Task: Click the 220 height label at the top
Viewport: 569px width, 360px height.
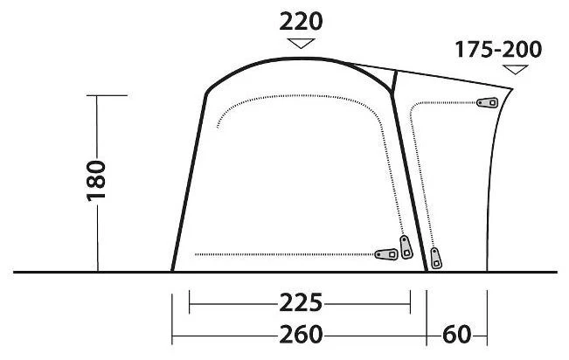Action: [x=301, y=22]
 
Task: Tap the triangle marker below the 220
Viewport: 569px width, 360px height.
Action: [x=301, y=43]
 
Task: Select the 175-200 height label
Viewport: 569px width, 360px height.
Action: [x=498, y=50]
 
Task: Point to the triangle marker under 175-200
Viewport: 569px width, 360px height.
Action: [x=515, y=69]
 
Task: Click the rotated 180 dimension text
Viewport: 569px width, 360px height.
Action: [x=96, y=180]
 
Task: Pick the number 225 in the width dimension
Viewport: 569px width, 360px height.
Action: [x=301, y=302]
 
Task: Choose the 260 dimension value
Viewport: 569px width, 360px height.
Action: [x=301, y=335]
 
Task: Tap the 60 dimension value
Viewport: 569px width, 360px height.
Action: [x=456, y=335]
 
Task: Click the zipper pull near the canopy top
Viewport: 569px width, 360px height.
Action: [x=488, y=103]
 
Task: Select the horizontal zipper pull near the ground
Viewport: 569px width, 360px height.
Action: [x=386, y=254]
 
